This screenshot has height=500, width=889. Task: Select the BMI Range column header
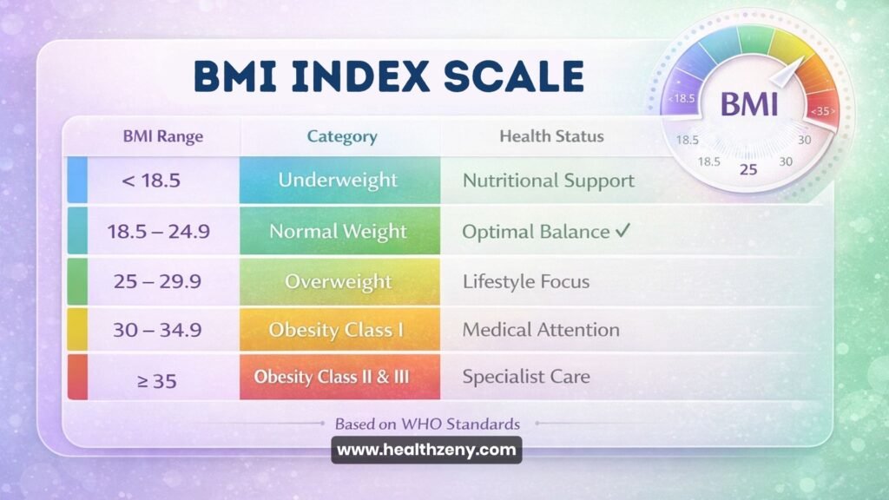click(x=163, y=136)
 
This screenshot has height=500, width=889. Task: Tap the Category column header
click(x=342, y=136)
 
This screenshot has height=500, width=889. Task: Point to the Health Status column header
click(x=551, y=136)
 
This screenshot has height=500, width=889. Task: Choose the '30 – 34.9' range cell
click(x=156, y=330)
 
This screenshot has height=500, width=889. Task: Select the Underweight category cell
click(x=339, y=181)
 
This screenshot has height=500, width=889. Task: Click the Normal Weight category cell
click(x=339, y=232)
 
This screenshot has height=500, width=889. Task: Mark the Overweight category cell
click(x=339, y=281)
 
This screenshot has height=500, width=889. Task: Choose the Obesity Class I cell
click(x=339, y=330)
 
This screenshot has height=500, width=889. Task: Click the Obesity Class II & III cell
click(x=339, y=378)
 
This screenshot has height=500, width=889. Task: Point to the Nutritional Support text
click(x=549, y=181)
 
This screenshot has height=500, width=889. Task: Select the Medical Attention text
click(x=541, y=330)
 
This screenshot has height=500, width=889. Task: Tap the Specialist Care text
click(x=526, y=378)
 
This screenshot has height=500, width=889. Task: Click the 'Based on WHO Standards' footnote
click(x=427, y=424)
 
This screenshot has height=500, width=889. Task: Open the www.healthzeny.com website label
click(x=426, y=451)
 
